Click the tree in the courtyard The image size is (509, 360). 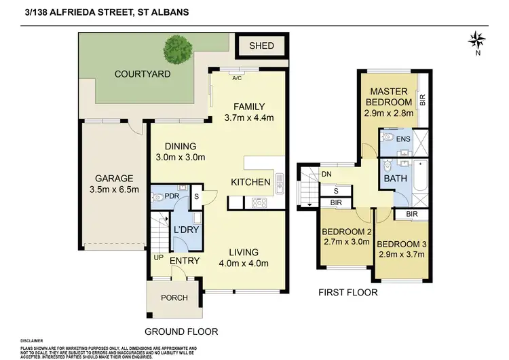(178, 48)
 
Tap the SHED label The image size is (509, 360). (261, 46)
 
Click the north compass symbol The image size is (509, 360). (477, 40)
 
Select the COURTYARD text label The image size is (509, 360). (142, 73)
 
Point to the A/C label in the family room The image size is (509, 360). (237, 78)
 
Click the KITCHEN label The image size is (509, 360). (250, 182)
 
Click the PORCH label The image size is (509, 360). (174, 298)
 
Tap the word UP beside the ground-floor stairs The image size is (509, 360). (159, 259)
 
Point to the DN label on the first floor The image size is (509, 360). (327, 175)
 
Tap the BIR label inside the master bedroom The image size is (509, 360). (422, 100)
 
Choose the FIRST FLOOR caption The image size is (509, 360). (348, 293)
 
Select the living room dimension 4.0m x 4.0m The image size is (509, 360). (245, 264)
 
